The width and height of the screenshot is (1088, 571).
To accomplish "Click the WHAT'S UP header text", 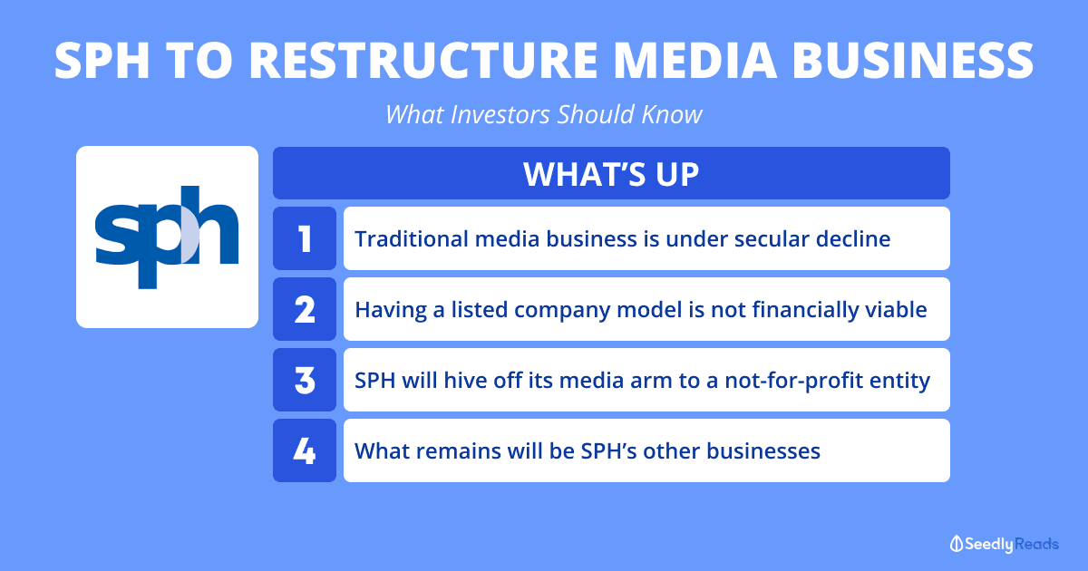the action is tap(611, 174).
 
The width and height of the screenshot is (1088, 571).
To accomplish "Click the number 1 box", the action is tap(305, 238).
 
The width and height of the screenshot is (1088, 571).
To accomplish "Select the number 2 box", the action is tap(305, 309).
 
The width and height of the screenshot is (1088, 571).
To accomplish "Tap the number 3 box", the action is tap(305, 380).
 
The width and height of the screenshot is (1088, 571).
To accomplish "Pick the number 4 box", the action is tap(305, 450).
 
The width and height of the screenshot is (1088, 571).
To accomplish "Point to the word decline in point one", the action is tap(853, 239).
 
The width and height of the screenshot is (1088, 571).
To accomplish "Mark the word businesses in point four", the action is tap(763, 451).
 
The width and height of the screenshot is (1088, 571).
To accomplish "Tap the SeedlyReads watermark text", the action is tap(1011, 544).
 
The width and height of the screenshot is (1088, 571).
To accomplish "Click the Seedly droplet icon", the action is tap(957, 544).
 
